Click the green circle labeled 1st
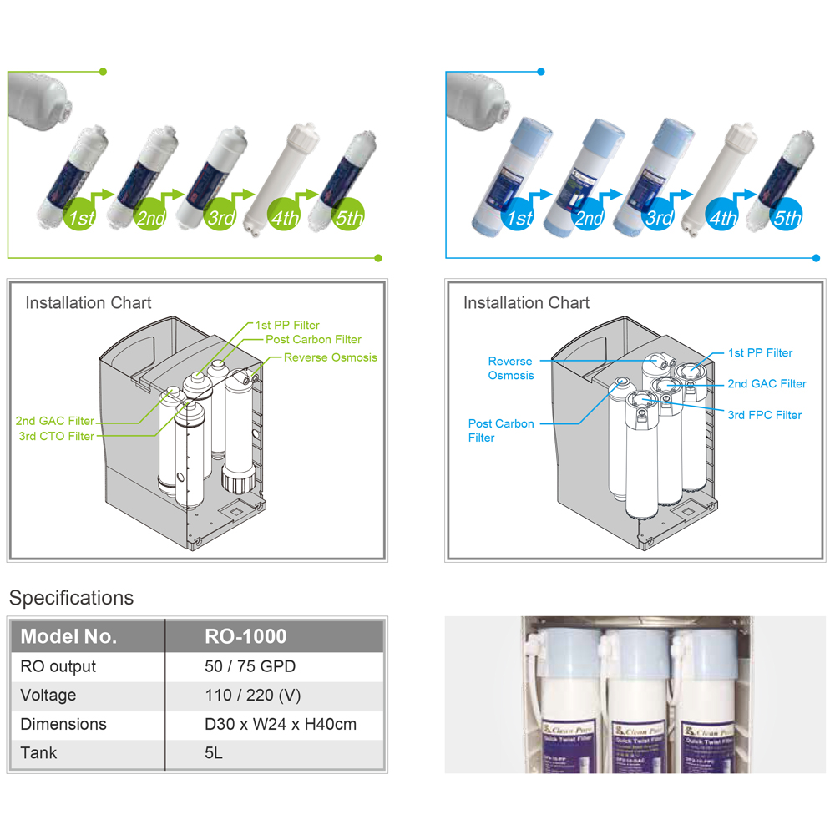[x=81, y=218]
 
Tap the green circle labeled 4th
[x=284, y=218]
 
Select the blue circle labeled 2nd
[x=589, y=218]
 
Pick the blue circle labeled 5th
[x=787, y=218]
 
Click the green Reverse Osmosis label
[x=330, y=357]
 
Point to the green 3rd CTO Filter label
[x=56, y=436]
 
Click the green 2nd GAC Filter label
[x=54, y=421]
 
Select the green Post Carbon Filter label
[x=313, y=339]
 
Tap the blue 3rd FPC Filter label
[x=764, y=415]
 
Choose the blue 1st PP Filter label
[x=760, y=352]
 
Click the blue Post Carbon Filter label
[x=501, y=430]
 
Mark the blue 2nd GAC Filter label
[x=767, y=384]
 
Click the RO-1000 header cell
[x=245, y=636]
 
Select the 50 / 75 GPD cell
[x=250, y=666]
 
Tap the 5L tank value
[x=214, y=752]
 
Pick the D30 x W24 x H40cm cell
[x=280, y=724]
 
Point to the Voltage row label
[x=48, y=695]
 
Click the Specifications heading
[x=71, y=598]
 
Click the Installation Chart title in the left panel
[x=89, y=302]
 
